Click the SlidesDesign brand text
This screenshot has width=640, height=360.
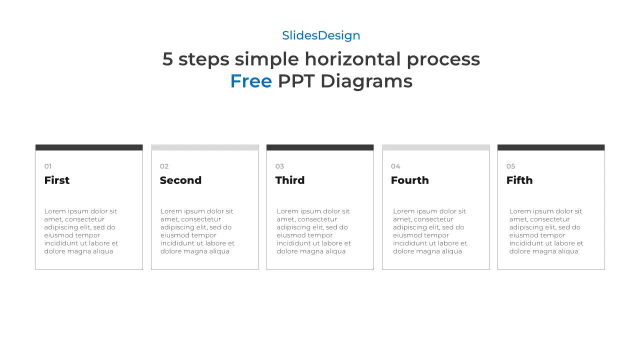(321, 35)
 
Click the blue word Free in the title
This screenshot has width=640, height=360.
(251, 81)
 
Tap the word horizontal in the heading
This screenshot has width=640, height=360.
(352, 59)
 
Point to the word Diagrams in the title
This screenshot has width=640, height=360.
(366, 81)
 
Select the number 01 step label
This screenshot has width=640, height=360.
(48, 166)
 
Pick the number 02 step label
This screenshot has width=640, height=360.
(164, 166)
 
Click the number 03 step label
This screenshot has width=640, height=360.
(279, 166)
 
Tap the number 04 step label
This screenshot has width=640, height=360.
(395, 166)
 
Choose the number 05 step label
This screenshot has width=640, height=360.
(510, 166)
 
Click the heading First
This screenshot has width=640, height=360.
(57, 180)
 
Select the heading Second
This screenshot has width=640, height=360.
(180, 180)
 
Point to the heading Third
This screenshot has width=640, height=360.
(290, 180)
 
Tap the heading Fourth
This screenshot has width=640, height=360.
(409, 180)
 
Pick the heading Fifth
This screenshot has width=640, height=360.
(519, 180)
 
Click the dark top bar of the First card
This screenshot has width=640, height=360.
(89, 147)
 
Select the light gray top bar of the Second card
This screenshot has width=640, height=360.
(204, 147)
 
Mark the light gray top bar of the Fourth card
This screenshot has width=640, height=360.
(435, 147)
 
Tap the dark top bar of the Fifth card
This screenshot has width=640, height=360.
(551, 147)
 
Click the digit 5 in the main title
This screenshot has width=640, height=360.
(167, 59)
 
